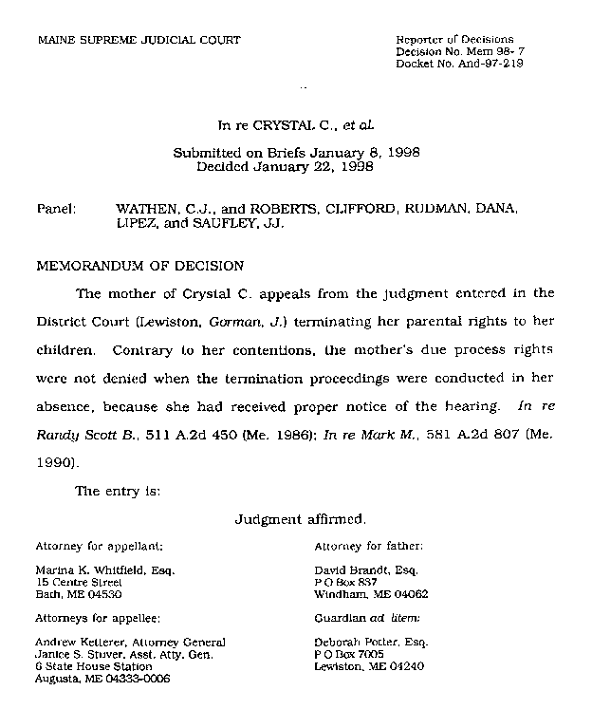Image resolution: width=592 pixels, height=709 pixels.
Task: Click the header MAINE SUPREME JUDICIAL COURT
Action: tap(138, 40)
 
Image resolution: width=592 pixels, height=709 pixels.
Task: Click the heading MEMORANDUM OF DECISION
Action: tap(139, 266)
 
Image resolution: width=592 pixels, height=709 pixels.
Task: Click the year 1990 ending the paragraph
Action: tap(54, 463)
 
